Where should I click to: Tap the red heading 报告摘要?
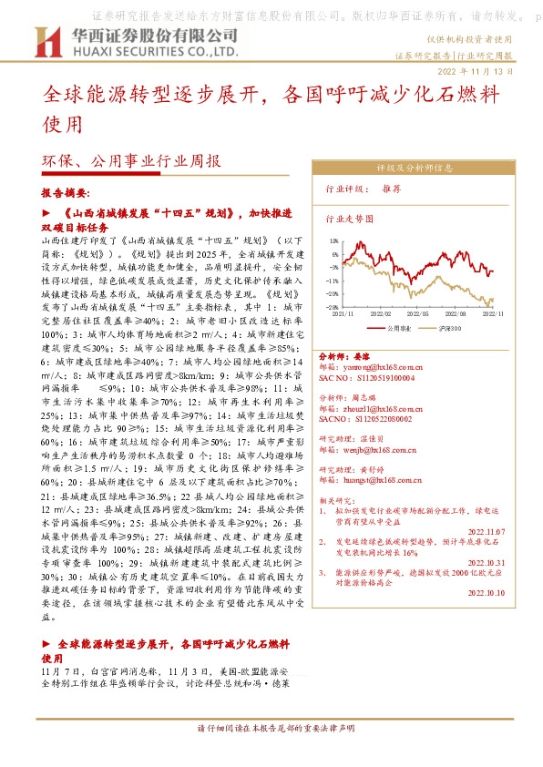(66, 193)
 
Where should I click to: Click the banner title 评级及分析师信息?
(415, 169)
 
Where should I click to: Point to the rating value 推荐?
(391, 191)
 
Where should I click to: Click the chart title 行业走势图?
(350, 220)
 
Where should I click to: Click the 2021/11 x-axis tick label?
(344, 312)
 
